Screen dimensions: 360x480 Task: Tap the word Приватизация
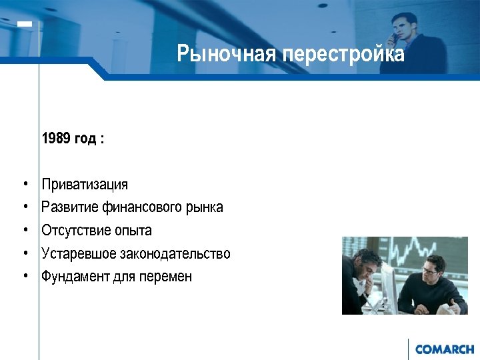coord(85,184)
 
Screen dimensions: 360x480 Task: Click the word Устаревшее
coord(79,254)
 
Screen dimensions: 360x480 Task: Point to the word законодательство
coord(175,254)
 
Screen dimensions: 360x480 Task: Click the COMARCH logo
coord(444,349)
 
